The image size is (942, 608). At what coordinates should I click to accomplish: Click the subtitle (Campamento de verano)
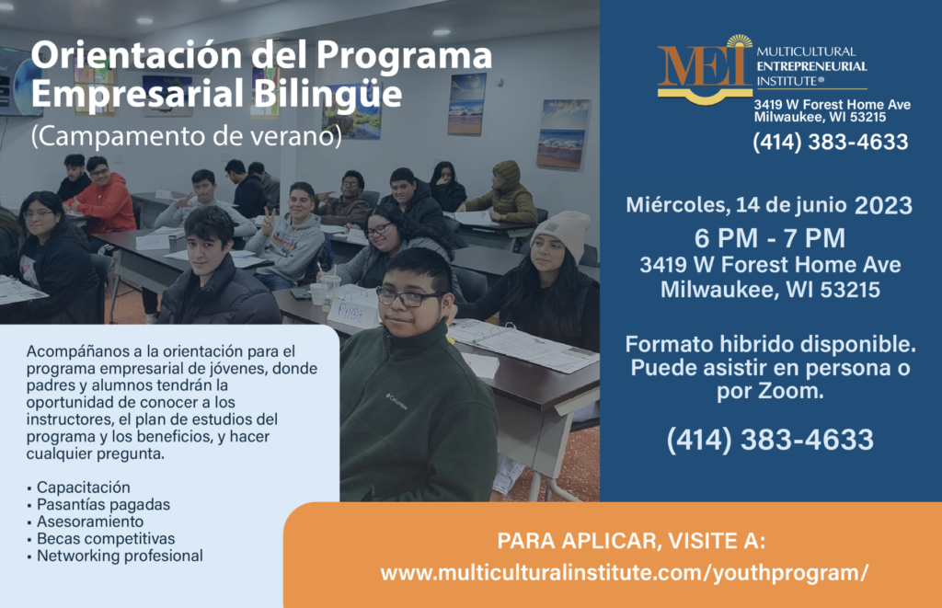click(186, 136)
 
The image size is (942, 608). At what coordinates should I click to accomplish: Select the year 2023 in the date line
click(883, 205)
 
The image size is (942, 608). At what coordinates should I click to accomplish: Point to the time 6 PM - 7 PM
click(770, 238)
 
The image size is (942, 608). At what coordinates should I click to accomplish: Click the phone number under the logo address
click(831, 142)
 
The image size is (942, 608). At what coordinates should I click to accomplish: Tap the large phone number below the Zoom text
click(770, 439)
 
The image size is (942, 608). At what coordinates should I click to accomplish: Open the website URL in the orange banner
click(625, 572)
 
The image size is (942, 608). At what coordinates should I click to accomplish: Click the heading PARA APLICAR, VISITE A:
click(631, 541)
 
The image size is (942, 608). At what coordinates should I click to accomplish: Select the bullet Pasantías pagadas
click(103, 505)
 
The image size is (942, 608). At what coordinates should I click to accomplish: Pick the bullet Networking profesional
click(120, 556)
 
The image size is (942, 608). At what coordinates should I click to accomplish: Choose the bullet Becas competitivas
click(106, 538)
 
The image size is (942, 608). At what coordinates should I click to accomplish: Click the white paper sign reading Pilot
click(353, 312)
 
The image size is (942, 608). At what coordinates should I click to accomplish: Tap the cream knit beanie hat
click(562, 234)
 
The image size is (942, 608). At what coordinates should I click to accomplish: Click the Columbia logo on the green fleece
click(396, 401)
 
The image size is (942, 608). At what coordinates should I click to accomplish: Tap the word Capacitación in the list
click(84, 488)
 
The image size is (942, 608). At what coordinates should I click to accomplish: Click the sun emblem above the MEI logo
click(739, 41)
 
